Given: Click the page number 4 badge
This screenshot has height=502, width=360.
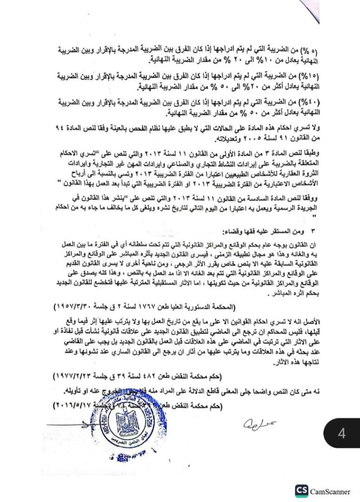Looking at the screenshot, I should tap(341, 433).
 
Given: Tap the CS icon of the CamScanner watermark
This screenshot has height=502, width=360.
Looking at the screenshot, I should tap(302, 491).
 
